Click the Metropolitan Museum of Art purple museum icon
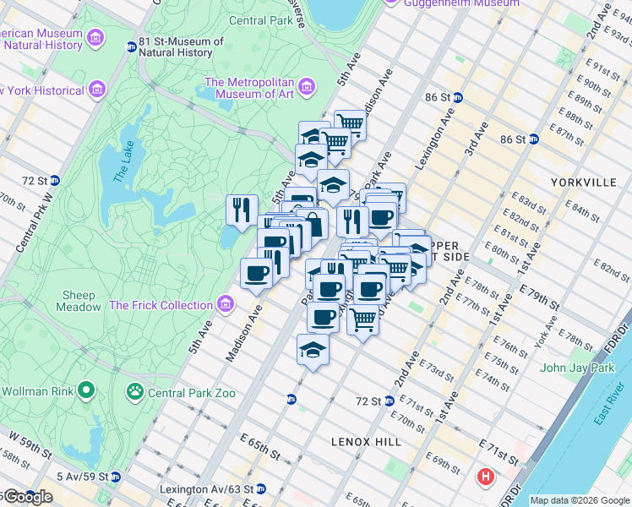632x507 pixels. (307, 86)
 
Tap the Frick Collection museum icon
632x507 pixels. (225, 304)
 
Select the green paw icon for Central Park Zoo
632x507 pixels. (134, 391)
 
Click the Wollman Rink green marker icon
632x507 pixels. (85, 390)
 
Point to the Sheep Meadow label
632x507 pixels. (79, 301)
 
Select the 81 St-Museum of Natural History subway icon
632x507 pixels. (131, 46)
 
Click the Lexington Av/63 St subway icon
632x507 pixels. (261, 488)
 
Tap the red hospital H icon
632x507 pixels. (485, 477)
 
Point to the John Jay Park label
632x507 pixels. (577, 368)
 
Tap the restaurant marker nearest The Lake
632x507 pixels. (242, 209)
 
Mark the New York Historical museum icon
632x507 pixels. (97, 89)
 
